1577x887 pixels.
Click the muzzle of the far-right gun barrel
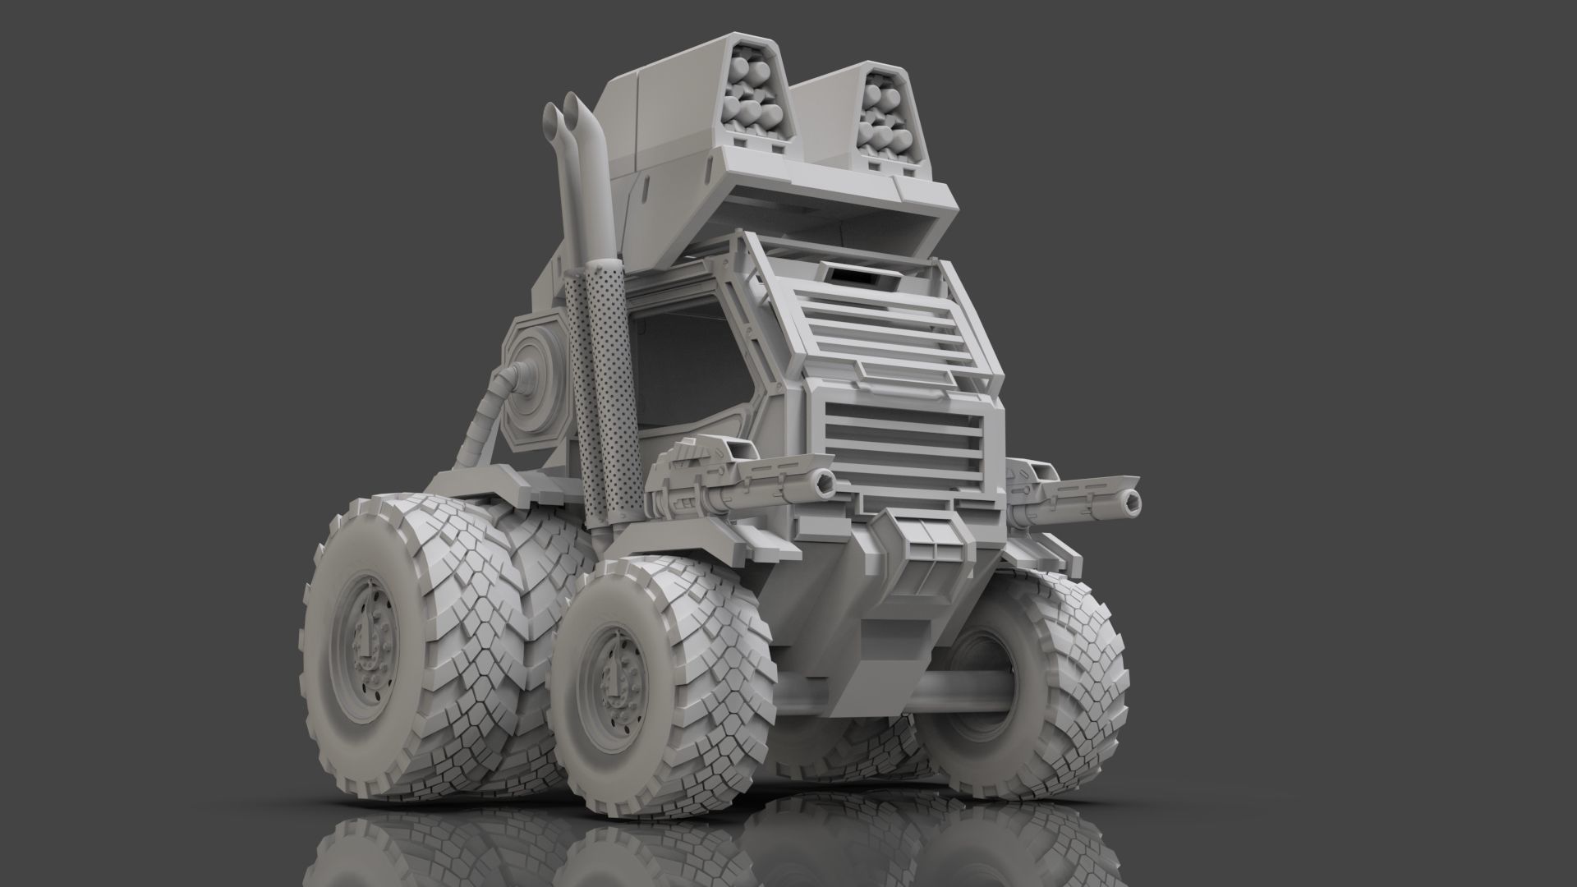point(1132,500)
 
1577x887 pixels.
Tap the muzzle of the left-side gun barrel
point(821,478)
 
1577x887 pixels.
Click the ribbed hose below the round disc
point(480,419)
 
